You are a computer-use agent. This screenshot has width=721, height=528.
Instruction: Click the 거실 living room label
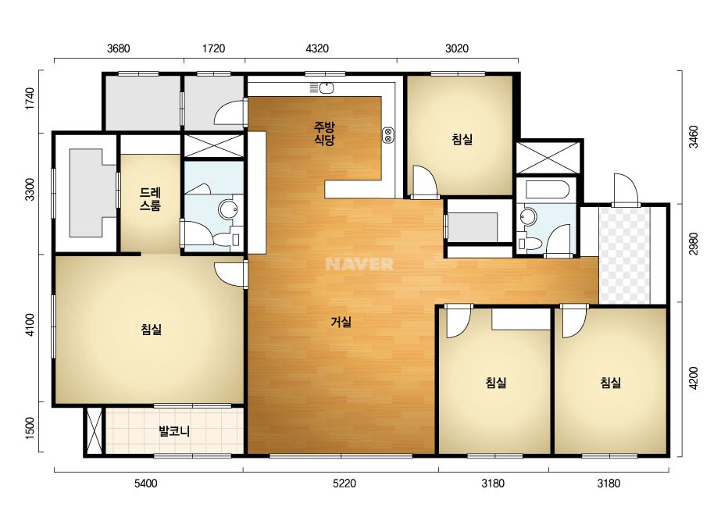coord(341,322)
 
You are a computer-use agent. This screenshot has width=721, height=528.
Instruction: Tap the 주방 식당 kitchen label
coord(324,134)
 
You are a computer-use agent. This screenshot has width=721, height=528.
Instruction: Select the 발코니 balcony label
coord(174,431)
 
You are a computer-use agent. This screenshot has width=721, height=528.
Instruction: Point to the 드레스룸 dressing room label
coord(150,198)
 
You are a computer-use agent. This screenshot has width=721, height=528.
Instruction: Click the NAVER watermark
coord(359,264)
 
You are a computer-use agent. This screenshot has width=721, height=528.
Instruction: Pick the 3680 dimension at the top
coord(118,48)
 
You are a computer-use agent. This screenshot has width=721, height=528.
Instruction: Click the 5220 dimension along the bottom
coord(344,483)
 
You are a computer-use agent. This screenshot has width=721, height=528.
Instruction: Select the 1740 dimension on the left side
coord(30,98)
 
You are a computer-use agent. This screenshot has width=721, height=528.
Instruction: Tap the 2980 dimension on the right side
coord(694,244)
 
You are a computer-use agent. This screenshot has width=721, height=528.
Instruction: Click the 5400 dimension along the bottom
coord(145,483)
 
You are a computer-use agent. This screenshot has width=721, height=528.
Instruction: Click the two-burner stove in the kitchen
coord(387,135)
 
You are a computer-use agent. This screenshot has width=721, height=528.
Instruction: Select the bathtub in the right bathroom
coord(546,188)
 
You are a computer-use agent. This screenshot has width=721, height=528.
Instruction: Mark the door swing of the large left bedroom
coord(229,274)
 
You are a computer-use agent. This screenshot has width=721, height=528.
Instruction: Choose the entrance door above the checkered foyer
coord(626,189)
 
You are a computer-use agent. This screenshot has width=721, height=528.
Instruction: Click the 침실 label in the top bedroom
coord(462,139)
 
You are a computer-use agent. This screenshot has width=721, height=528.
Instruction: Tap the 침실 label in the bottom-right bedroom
coord(611,382)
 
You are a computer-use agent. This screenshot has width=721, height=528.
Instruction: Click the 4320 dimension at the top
coord(317,48)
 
